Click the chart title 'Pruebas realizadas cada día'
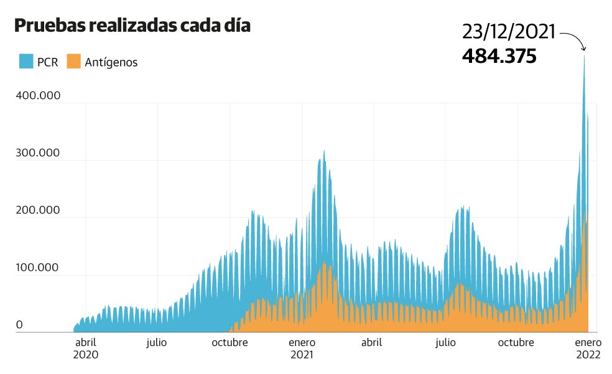[132, 26]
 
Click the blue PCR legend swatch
[25, 61]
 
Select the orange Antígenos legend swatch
[74, 61]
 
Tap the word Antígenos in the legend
[111, 62]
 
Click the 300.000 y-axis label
[38, 152]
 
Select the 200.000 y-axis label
[38, 210]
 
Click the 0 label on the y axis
[19, 324]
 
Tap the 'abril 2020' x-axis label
[85, 348]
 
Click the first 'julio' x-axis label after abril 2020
[156, 342]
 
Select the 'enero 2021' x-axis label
[302, 348]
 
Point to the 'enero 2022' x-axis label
[588, 348]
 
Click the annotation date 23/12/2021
[508, 32]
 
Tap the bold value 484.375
[499, 56]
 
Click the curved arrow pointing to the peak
[575, 40]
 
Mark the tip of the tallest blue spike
[584, 55]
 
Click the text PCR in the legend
[48, 62]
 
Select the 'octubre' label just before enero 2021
[229, 342]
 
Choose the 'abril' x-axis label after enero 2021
[371, 342]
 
